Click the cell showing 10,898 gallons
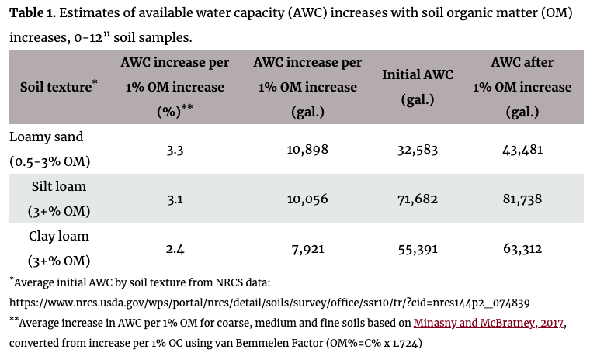coord(302,150)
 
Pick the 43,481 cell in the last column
coord(521,150)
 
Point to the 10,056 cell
coord(302,199)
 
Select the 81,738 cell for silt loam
coord(521,199)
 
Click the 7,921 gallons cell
coord(302,249)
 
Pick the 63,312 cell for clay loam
coord(521,249)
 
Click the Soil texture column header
coord(58,87)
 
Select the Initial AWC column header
coord(418,87)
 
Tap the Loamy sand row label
coord(46,137)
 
